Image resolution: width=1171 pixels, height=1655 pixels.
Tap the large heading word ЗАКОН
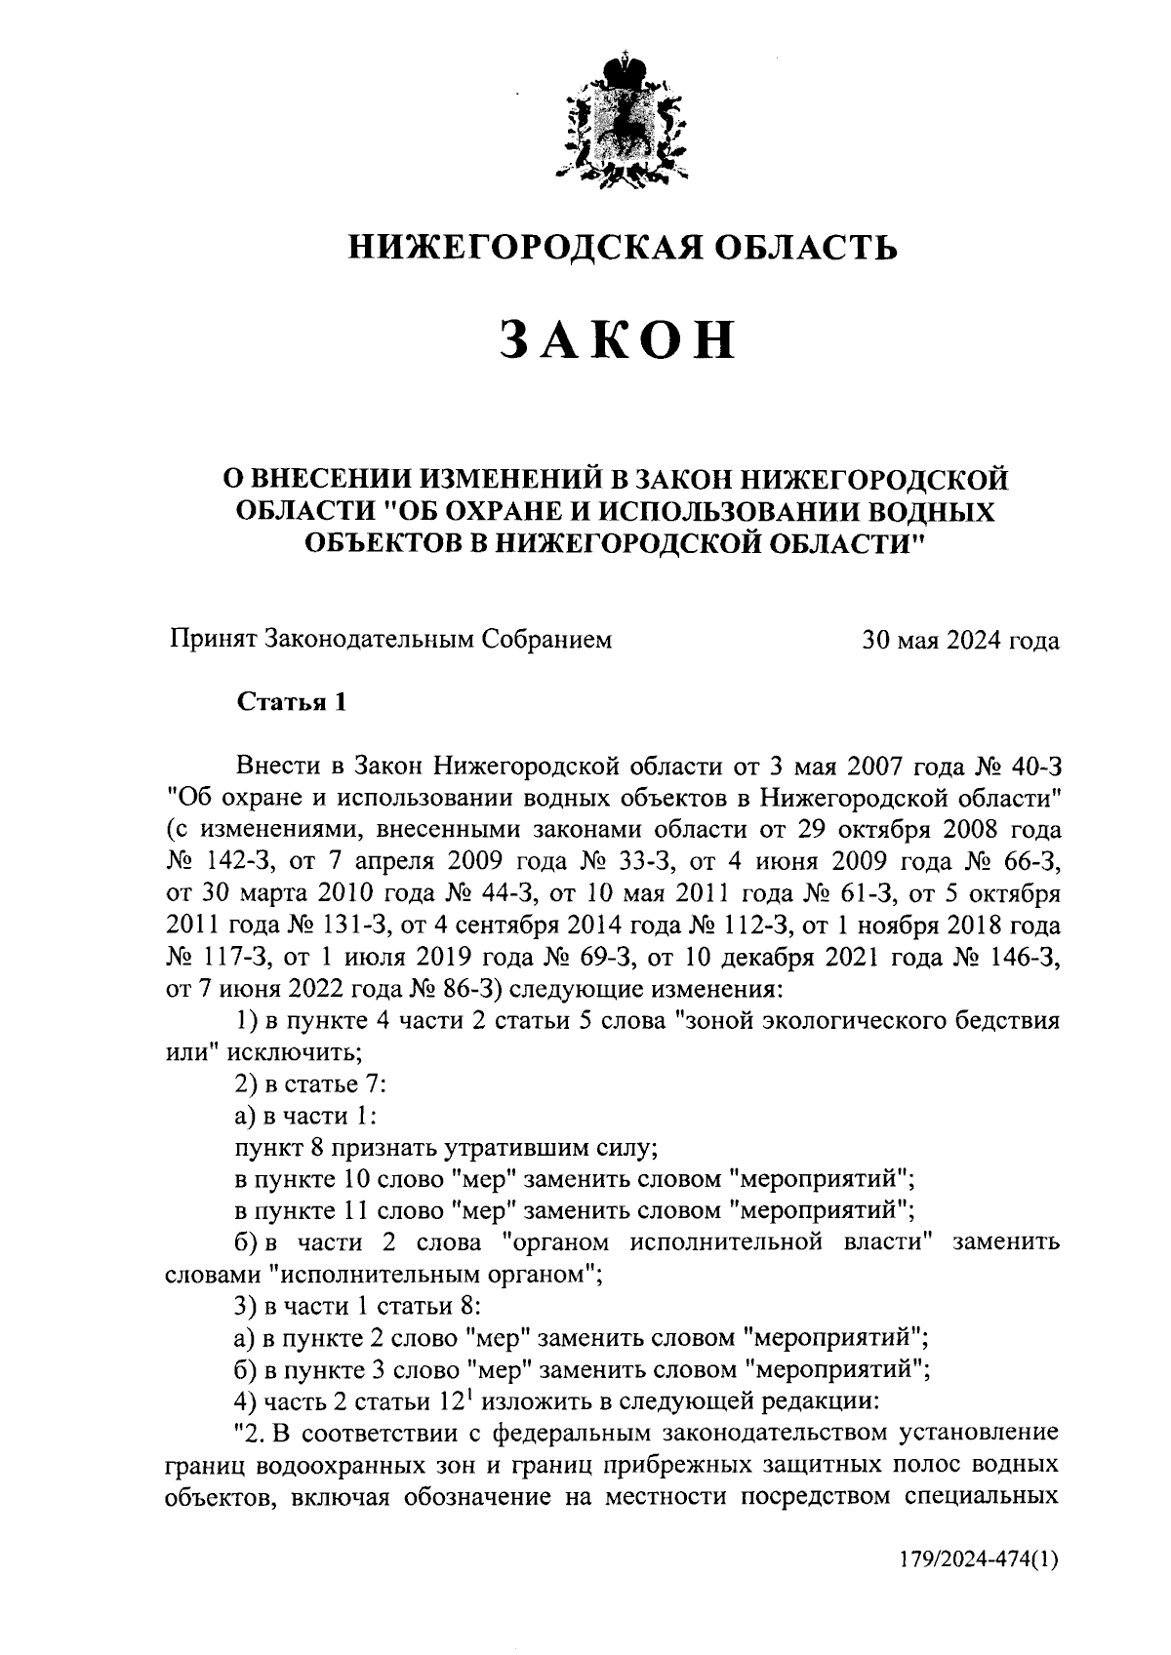[x=619, y=339]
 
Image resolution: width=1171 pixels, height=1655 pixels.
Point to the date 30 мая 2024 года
[x=959, y=641]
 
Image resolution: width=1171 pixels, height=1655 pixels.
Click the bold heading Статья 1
[x=291, y=702]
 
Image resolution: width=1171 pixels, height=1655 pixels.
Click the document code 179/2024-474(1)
[x=979, y=1558]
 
